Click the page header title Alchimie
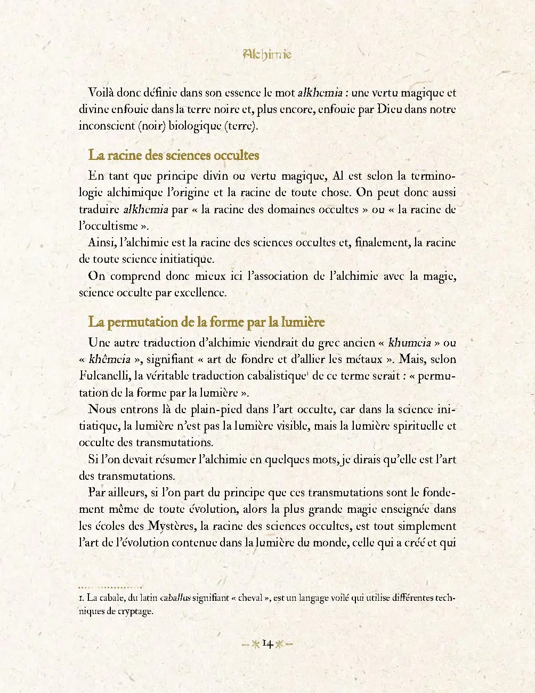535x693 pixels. click(x=267, y=54)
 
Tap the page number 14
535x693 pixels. click(x=267, y=644)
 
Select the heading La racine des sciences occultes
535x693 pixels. click(x=174, y=155)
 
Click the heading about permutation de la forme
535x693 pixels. click(x=206, y=322)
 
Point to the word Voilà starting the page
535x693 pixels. click(x=101, y=93)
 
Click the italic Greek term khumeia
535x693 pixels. click(x=409, y=342)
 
